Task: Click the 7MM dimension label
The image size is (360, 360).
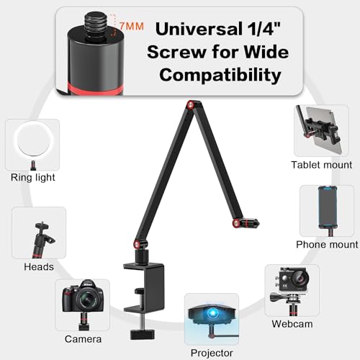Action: point(132,26)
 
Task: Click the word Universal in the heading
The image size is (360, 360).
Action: point(199,29)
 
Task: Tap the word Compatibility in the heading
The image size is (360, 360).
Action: point(220,75)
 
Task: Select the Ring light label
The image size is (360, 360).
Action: point(33,177)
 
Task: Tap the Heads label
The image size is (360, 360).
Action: point(39,266)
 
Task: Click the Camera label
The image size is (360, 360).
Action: point(83,339)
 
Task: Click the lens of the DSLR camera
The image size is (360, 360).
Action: point(86,299)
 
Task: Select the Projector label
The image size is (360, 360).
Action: point(212,353)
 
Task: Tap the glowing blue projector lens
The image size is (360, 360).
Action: point(212,313)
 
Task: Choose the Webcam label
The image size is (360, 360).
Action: point(292,324)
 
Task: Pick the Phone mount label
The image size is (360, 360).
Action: point(327,244)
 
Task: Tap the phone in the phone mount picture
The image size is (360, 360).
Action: point(328,207)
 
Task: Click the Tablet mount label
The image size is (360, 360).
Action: point(322,165)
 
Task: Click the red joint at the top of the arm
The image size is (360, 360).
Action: point(191,105)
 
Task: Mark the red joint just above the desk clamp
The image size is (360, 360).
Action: point(138,245)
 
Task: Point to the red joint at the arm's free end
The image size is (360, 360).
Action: point(237,223)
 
